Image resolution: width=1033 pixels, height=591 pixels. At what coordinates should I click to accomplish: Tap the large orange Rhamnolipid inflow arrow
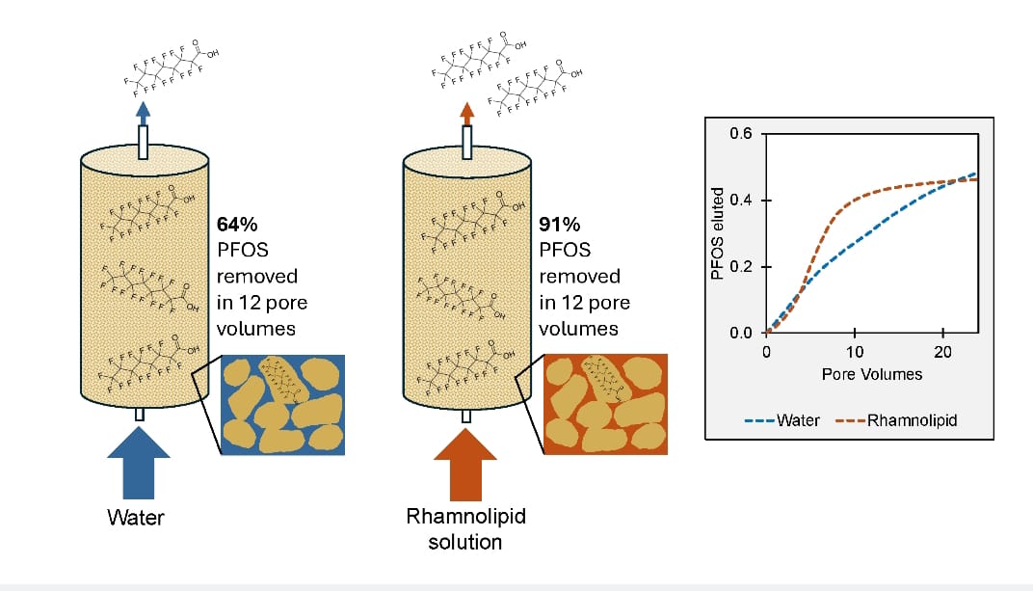click(465, 461)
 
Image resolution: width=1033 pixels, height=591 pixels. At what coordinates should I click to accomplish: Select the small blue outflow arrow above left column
click(144, 110)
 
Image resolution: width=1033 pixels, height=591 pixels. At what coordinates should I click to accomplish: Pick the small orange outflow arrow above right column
click(467, 110)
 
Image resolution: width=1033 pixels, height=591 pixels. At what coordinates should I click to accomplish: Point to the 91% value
click(560, 226)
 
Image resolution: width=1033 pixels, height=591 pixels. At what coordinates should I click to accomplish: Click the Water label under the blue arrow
click(136, 518)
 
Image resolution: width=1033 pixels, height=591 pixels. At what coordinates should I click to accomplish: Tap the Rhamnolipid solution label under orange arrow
click(465, 528)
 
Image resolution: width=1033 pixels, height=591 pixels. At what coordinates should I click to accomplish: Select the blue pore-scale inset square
click(282, 404)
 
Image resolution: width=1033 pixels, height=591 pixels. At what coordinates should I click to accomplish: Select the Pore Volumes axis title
click(871, 374)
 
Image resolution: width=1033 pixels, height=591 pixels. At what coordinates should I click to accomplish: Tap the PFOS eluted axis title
click(716, 234)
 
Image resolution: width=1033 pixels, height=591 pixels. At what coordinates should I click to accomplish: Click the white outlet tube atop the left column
click(144, 143)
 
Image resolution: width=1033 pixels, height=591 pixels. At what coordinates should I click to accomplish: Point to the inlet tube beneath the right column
click(466, 415)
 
